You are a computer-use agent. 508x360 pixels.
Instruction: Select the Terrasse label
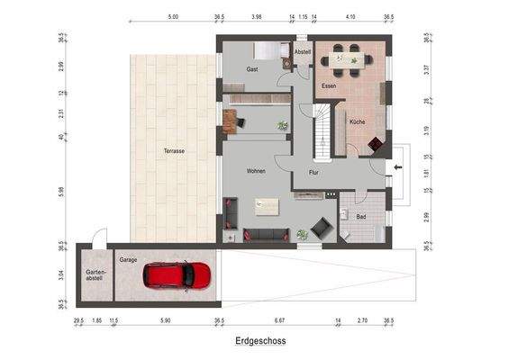(x=174, y=151)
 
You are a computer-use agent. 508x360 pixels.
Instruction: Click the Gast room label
(x=253, y=69)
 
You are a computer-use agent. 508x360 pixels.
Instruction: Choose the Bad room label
(x=360, y=217)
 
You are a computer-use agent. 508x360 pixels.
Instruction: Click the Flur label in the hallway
(x=314, y=171)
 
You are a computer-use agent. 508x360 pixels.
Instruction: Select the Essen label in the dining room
(x=329, y=85)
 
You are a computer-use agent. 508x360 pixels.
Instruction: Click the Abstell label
(x=302, y=52)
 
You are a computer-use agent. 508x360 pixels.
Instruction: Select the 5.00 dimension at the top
(x=173, y=16)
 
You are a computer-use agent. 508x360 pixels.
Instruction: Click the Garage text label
(x=128, y=259)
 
